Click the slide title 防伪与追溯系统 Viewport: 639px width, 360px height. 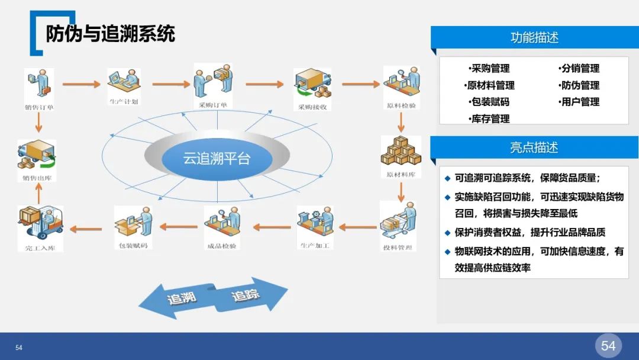[x=111, y=34]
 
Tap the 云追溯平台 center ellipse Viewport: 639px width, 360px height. [x=217, y=159]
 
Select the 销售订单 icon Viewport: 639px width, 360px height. [x=38, y=84]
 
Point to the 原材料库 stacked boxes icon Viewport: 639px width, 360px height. [x=401, y=152]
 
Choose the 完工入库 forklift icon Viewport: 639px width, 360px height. [x=39, y=224]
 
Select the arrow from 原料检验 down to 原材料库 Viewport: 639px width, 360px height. [x=401, y=122]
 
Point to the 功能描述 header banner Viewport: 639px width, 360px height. [x=534, y=37]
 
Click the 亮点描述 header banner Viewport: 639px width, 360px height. [x=534, y=147]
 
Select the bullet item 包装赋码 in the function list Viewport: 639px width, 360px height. [x=489, y=102]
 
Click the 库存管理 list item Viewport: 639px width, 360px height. [x=489, y=119]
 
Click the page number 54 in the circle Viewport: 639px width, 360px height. [x=608, y=346]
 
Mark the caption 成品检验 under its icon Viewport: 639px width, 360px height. [x=221, y=246]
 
